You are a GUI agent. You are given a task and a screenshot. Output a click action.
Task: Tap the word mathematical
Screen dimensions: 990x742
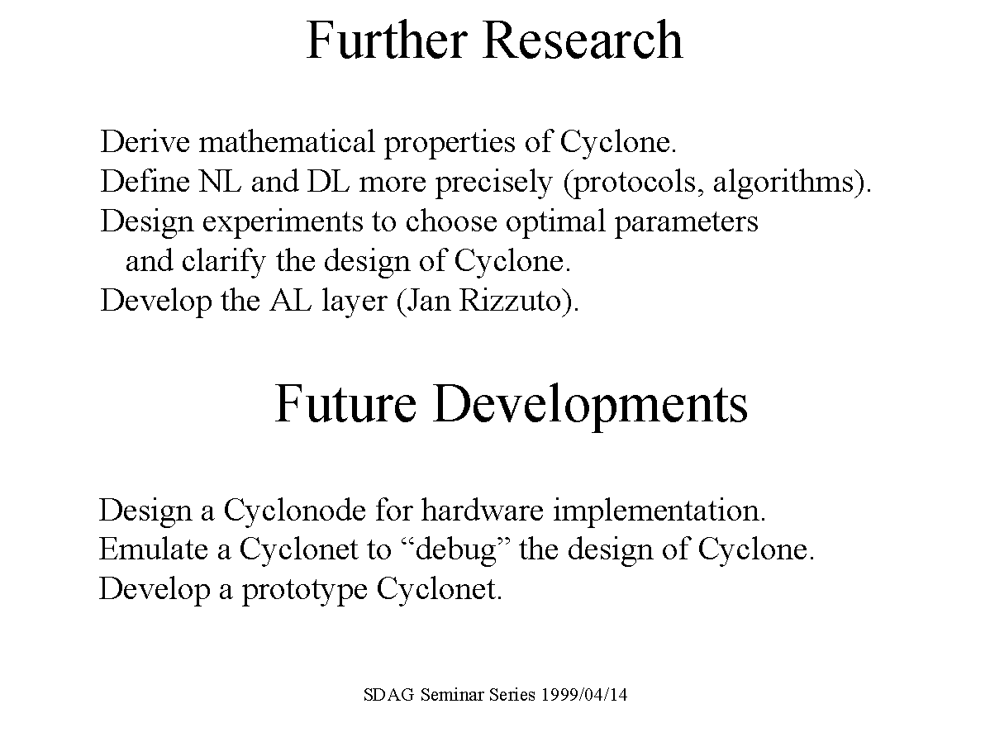pyautogui.click(x=287, y=140)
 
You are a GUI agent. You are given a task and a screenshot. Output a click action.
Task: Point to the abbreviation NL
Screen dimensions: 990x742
pyautogui.click(x=220, y=181)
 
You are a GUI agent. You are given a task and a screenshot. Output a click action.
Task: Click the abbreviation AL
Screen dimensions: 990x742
pyautogui.click(x=291, y=300)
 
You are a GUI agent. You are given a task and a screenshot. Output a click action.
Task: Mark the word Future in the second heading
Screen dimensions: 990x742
pyautogui.click(x=345, y=403)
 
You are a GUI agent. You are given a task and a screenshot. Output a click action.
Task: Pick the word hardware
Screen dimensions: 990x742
pyautogui.click(x=483, y=510)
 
